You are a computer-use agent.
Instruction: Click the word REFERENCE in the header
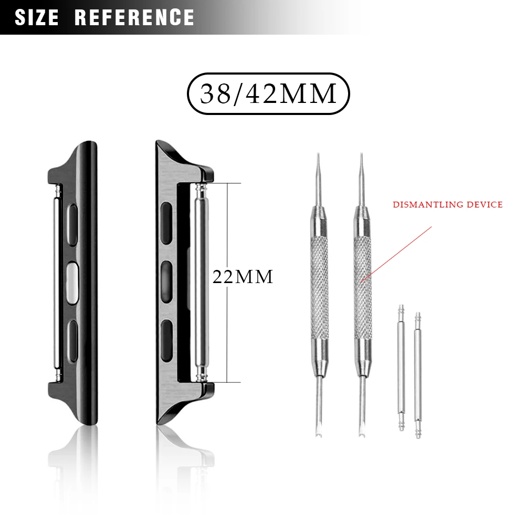[134, 17]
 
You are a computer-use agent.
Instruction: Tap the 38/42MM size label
[268, 94]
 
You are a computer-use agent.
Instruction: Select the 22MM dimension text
[243, 277]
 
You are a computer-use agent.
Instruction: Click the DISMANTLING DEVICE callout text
[448, 204]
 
